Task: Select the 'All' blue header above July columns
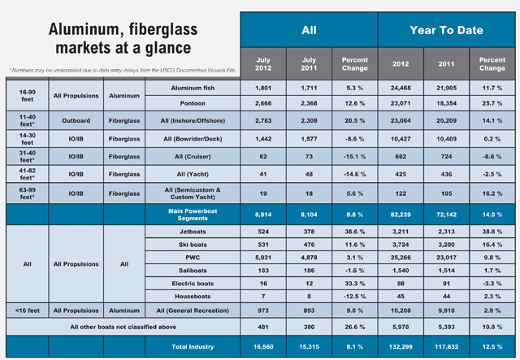click(x=308, y=30)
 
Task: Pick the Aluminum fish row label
click(x=193, y=87)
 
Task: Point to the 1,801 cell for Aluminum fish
click(x=262, y=87)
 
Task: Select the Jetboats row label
click(x=193, y=231)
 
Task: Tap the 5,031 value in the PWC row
click(x=262, y=260)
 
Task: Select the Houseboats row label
click(x=193, y=305)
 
